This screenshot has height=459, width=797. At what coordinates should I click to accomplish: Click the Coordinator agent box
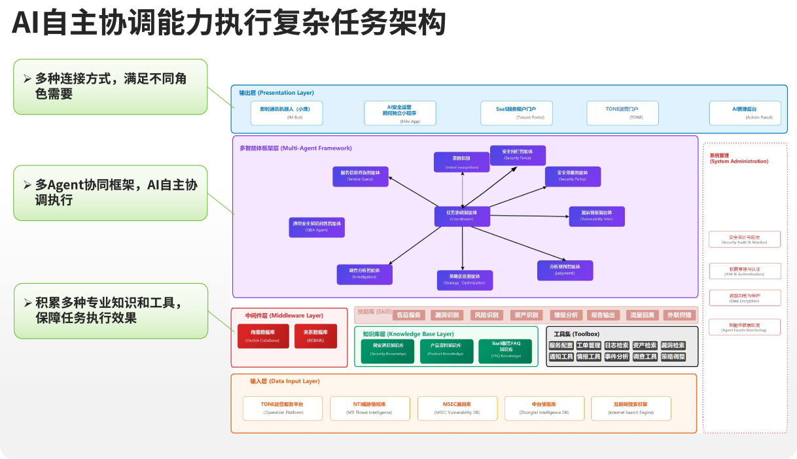point(462,216)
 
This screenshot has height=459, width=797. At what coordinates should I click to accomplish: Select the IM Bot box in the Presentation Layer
point(287,112)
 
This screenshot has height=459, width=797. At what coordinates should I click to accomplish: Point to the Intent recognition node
point(461,162)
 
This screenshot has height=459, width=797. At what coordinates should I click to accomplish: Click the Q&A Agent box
point(317,227)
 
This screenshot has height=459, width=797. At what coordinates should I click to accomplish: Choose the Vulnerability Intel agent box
point(596,216)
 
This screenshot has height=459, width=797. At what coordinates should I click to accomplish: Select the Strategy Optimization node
point(465,280)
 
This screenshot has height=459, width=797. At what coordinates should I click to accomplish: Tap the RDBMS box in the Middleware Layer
point(315,336)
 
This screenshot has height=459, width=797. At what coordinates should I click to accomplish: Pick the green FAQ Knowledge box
point(506,350)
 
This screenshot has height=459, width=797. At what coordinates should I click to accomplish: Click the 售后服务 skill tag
point(409,315)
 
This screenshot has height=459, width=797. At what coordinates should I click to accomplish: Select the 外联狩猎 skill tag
point(679,315)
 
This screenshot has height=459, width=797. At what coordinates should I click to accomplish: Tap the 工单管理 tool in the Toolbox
point(588,345)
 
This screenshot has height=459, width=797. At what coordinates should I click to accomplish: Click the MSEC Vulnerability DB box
point(457,408)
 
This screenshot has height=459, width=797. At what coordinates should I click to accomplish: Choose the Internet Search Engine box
point(630,408)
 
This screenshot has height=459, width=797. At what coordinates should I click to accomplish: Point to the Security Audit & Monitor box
point(745,239)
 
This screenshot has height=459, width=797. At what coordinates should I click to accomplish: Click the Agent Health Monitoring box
point(745,327)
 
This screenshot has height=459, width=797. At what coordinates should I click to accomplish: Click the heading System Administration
point(738,158)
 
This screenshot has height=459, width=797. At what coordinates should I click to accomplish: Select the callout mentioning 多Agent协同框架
point(110,192)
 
